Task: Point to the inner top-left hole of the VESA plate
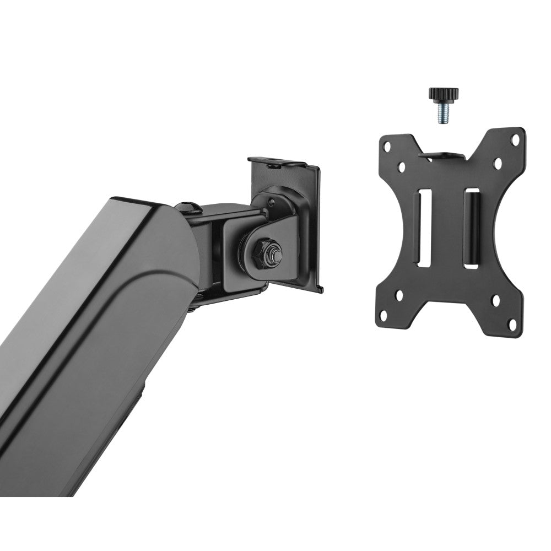(x=403, y=165)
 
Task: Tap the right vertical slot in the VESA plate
(x=472, y=229)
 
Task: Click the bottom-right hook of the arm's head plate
(x=319, y=287)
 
